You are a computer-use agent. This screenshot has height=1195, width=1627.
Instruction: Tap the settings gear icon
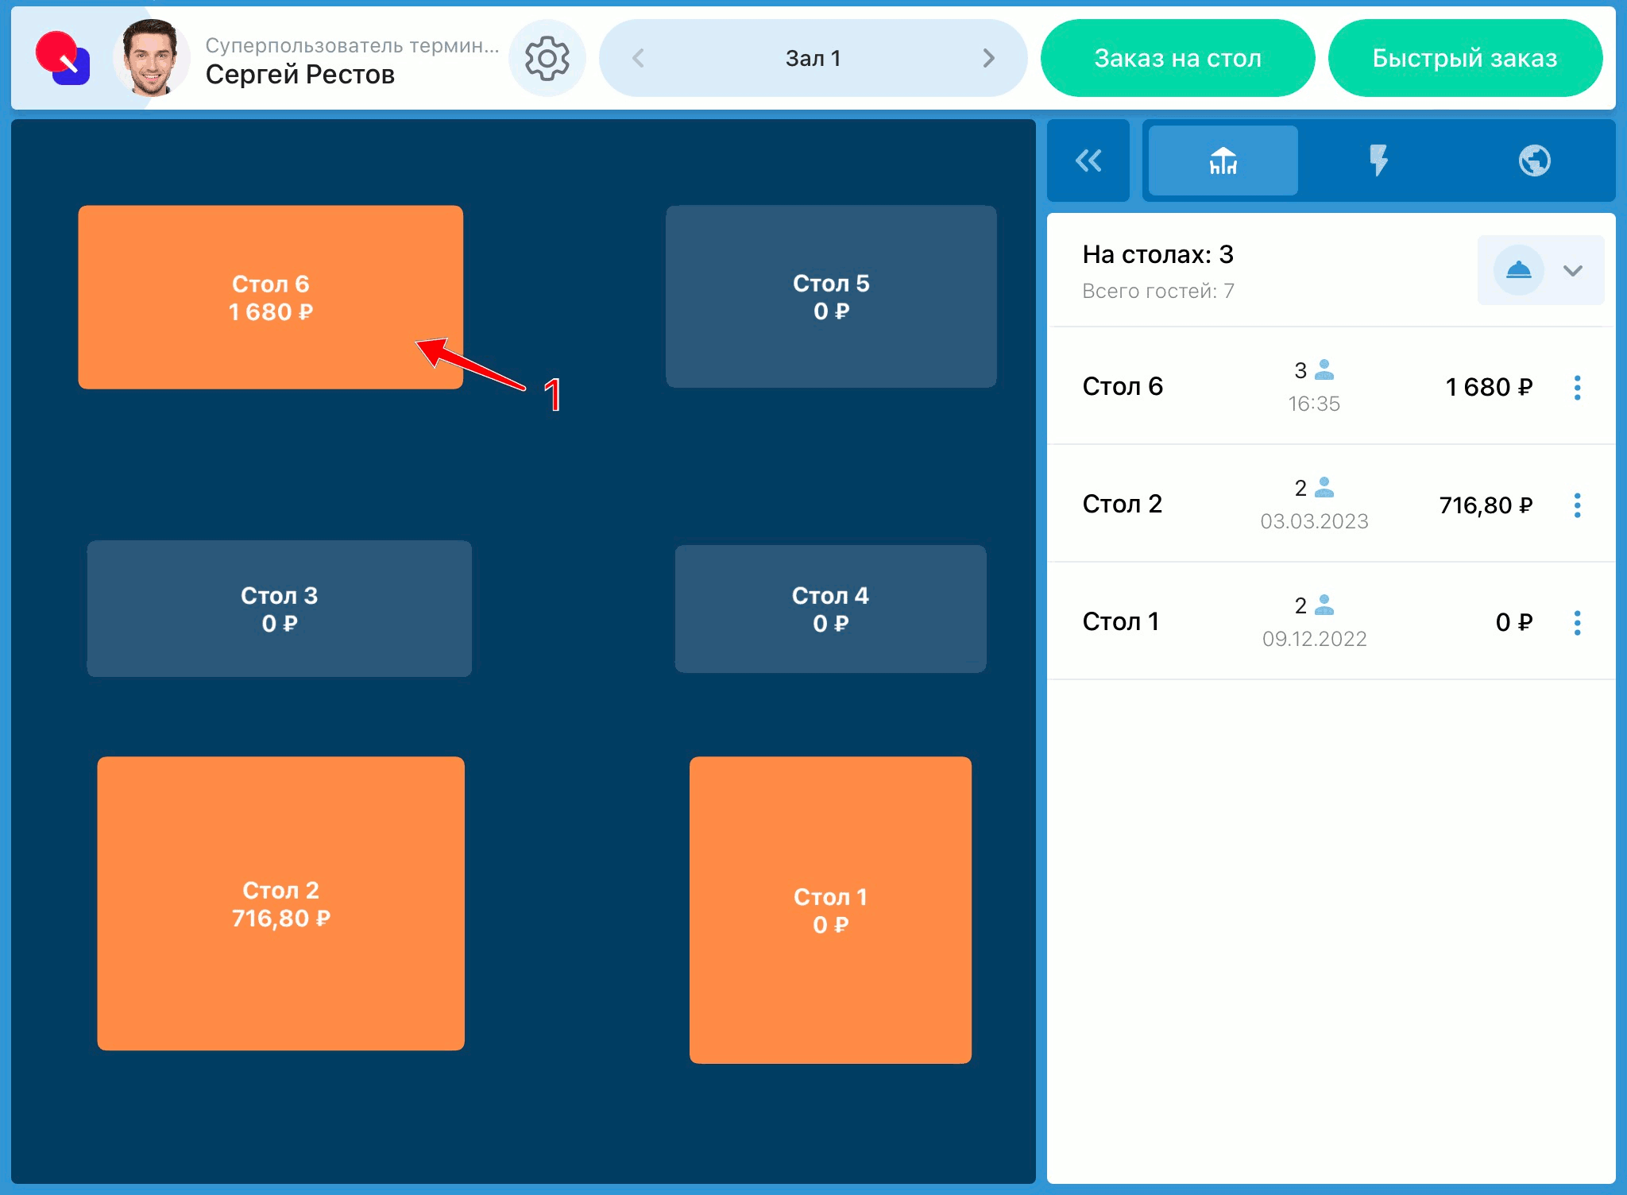pyautogui.click(x=547, y=58)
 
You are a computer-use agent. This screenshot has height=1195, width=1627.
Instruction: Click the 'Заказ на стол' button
pyautogui.click(x=1177, y=58)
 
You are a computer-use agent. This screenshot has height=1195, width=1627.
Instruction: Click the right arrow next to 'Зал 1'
pyautogui.click(x=988, y=58)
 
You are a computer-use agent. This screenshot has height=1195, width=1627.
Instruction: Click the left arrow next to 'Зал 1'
pyautogui.click(x=638, y=58)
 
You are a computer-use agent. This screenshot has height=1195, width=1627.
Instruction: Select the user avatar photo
pyautogui.click(x=150, y=58)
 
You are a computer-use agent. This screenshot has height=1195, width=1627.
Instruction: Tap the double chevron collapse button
pyautogui.click(x=1088, y=160)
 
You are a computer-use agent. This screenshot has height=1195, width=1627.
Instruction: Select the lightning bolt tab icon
pyautogui.click(x=1378, y=160)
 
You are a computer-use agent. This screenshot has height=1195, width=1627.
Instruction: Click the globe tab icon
pyautogui.click(x=1534, y=160)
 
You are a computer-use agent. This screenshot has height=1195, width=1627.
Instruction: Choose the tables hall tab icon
pyautogui.click(x=1223, y=160)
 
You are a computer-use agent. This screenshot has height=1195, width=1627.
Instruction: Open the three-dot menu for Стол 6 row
pyautogui.click(x=1577, y=388)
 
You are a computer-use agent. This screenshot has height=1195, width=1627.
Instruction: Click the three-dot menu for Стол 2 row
pyautogui.click(x=1577, y=505)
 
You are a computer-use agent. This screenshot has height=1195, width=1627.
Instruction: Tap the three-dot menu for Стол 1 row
pyautogui.click(x=1577, y=623)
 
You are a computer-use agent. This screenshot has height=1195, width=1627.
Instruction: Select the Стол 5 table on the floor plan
pyautogui.click(x=831, y=296)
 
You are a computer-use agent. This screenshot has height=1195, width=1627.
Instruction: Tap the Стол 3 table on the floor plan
pyautogui.click(x=279, y=609)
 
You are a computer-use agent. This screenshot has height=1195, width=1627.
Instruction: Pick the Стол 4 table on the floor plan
pyautogui.click(x=830, y=609)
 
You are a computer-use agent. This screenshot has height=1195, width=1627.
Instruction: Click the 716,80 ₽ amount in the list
pyautogui.click(x=1486, y=505)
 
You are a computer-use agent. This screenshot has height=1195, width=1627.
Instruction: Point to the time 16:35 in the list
pyautogui.click(x=1314, y=404)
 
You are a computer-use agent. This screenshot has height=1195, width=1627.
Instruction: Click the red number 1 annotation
pyautogui.click(x=553, y=395)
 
